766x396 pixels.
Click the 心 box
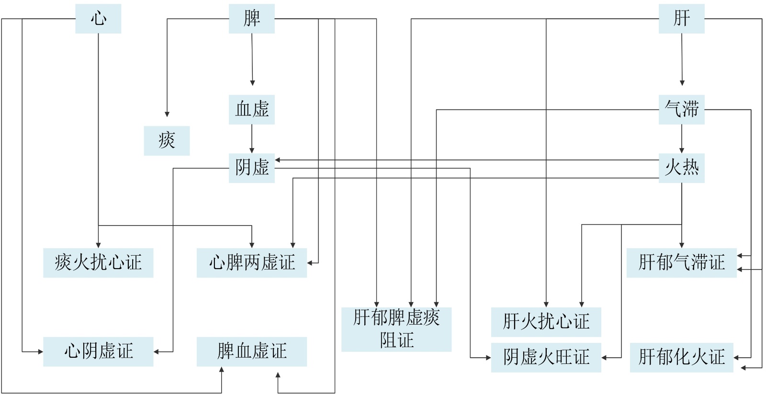tap(98, 19)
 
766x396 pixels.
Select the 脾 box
tap(251, 19)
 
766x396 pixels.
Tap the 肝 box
tap(681, 19)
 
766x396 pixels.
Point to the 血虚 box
tap(251, 110)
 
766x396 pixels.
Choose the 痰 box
tap(167, 141)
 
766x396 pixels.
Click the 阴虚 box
tap(251, 168)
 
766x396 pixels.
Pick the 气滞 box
tap(681, 110)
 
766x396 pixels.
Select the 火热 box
tap(681, 168)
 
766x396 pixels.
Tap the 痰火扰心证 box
tap(98, 262)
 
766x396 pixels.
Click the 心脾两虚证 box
tap(251, 262)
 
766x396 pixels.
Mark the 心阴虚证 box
tap(98, 351)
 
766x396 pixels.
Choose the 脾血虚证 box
tap(251, 351)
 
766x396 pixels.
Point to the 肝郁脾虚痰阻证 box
tap(396, 329)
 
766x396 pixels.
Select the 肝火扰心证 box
tap(546, 322)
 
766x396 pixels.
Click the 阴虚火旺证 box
tap(546, 357)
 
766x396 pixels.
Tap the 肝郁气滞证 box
tap(681, 262)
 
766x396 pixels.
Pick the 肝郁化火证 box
tap(681, 357)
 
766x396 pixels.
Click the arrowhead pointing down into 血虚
tap(252, 83)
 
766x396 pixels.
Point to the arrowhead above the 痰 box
tap(167, 114)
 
